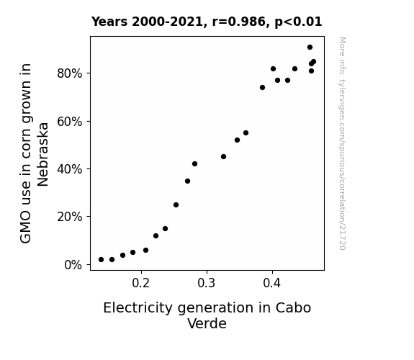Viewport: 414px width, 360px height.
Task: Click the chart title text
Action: pyautogui.click(x=207, y=22)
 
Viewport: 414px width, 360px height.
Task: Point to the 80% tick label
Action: pyautogui.click(x=69, y=73)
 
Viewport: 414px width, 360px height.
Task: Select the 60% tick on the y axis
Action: pyautogui.click(x=69, y=122)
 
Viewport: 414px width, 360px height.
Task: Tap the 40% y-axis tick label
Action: pyautogui.click(x=69, y=169)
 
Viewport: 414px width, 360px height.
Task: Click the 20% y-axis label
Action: pyautogui.click(x=69, y=217)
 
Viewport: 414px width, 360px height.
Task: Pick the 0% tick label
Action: pyautogui.click(x=73, y=265)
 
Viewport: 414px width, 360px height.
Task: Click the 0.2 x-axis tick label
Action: pyautogui.click(x=141, y=283)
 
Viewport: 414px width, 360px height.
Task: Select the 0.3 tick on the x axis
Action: pyautogui.click(x=207, y=283)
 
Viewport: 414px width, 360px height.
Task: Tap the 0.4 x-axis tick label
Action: pyautogui.click(x=272, y=283)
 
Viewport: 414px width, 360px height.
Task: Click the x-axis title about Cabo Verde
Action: pyautogui.click(x=207, y=315)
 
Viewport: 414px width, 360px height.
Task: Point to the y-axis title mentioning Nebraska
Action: pyautogui.click(x=34, y=153)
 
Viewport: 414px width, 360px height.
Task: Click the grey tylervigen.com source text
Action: pyautogui.click(x=342, y=143)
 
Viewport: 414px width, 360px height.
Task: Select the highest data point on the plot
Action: pyautogui.click(x=310, y=48)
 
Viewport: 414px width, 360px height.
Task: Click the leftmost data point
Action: pyautogui.click(x=101, y=260)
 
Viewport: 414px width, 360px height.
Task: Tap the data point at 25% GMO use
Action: pyautogui.click(x=176, y=205)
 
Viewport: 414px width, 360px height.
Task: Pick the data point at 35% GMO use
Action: pyautogui.click(x=187, y=181)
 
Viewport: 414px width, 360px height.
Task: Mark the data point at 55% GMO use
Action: pyautogui.click(x=246, y=133)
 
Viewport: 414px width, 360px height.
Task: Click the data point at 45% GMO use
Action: pyautogui.click(x=223, y=157)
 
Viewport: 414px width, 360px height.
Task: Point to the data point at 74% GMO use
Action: pyautogui.click(x=263, y=87)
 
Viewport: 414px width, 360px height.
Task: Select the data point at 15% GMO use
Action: pyautogui.click(x=166, y=229)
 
